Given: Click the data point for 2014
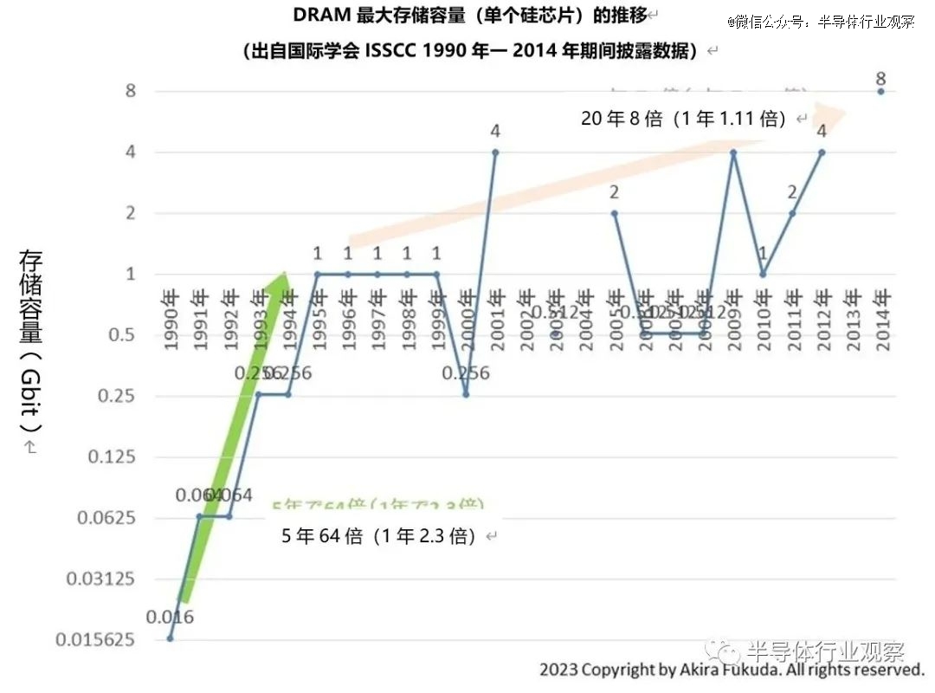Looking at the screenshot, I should tap(881, 91).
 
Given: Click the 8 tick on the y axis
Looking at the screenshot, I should tap(131, 91).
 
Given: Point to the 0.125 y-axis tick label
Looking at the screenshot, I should tap(113, 457).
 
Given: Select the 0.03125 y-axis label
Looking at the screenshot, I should tap(102, 579).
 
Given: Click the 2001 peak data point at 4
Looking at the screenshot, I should tap(495, 152).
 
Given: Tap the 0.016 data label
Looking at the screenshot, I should tap(170, 618).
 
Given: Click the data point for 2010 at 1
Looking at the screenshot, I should tap(763, 275).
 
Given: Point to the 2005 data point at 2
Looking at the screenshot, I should tap(614, 213).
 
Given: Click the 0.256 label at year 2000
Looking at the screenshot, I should tap(466, 373).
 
